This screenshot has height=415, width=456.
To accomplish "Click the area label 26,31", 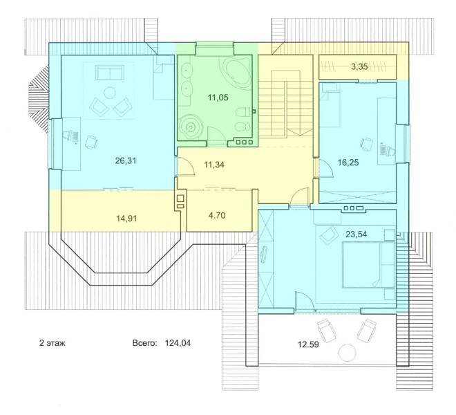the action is coord(126,160).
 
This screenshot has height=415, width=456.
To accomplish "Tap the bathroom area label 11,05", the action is coord(218,98).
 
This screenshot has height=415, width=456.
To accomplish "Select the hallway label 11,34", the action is coord(214,165).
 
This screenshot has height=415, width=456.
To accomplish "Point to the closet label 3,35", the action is coord(359,66).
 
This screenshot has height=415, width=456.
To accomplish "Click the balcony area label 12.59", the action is coord(308,344).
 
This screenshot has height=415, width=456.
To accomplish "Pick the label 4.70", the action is coord(217,216).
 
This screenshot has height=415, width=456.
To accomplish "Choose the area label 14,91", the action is coord(126,218).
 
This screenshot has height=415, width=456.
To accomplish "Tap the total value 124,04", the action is coord(178,343).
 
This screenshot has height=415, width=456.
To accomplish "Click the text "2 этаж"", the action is coord(53,343).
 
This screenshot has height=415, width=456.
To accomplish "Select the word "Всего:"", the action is coord(144,343).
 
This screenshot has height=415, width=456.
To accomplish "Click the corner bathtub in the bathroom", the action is coord(236,71).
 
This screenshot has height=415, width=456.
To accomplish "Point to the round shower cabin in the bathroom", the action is coord(191,127).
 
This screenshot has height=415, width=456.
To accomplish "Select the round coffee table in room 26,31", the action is coord(110,93).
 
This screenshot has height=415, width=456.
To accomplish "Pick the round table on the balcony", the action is coord(348,353).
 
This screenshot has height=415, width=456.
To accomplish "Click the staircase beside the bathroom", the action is coord(285,103).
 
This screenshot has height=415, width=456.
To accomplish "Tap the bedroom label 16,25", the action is coord(348,163).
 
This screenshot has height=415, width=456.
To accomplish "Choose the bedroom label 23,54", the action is coord(356,234).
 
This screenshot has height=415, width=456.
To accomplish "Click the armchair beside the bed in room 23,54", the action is coord(328,234).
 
